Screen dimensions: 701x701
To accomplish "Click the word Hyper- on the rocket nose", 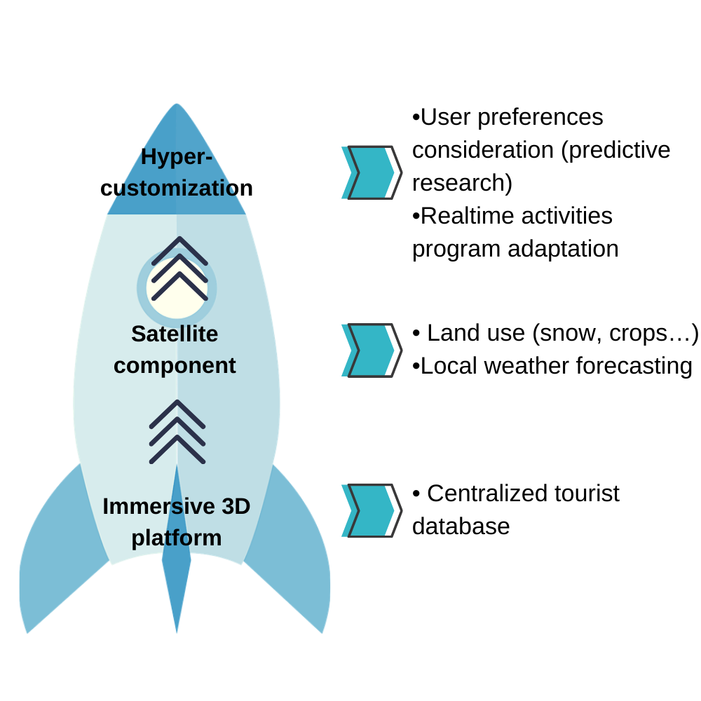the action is point(177,157).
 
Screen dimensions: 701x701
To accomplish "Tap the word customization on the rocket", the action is point(177,188).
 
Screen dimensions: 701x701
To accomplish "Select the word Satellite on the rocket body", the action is point(175,334).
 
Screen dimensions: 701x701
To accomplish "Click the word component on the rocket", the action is point(175,366).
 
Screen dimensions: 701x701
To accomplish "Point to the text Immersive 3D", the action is point(177,507).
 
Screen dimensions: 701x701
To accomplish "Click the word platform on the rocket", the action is point(177,538).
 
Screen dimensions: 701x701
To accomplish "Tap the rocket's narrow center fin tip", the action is point(177,632).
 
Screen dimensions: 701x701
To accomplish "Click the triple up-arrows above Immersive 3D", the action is point(177,432).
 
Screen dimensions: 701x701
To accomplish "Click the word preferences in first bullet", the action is point(540,118).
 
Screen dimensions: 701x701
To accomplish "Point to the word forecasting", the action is point(634,367).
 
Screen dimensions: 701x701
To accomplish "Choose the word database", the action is point(461,526).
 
